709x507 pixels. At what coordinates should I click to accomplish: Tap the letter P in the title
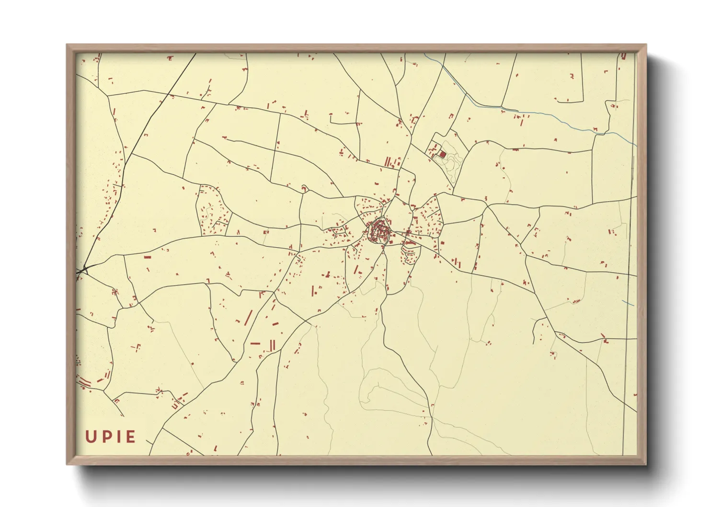(106, 437)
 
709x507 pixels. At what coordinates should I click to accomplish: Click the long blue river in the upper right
(527, 113)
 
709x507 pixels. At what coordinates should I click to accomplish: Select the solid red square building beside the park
(443, 155)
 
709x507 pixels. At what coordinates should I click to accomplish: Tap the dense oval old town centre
(380, 232)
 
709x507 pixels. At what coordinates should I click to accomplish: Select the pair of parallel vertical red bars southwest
(273, 345)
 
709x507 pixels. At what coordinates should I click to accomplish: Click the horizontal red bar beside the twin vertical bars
(255, 343)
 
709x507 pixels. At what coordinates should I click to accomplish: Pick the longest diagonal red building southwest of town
(248, 317)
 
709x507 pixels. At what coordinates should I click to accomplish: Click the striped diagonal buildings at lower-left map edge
(85, 382)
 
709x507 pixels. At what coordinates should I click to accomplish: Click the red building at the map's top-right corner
(624, 56)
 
